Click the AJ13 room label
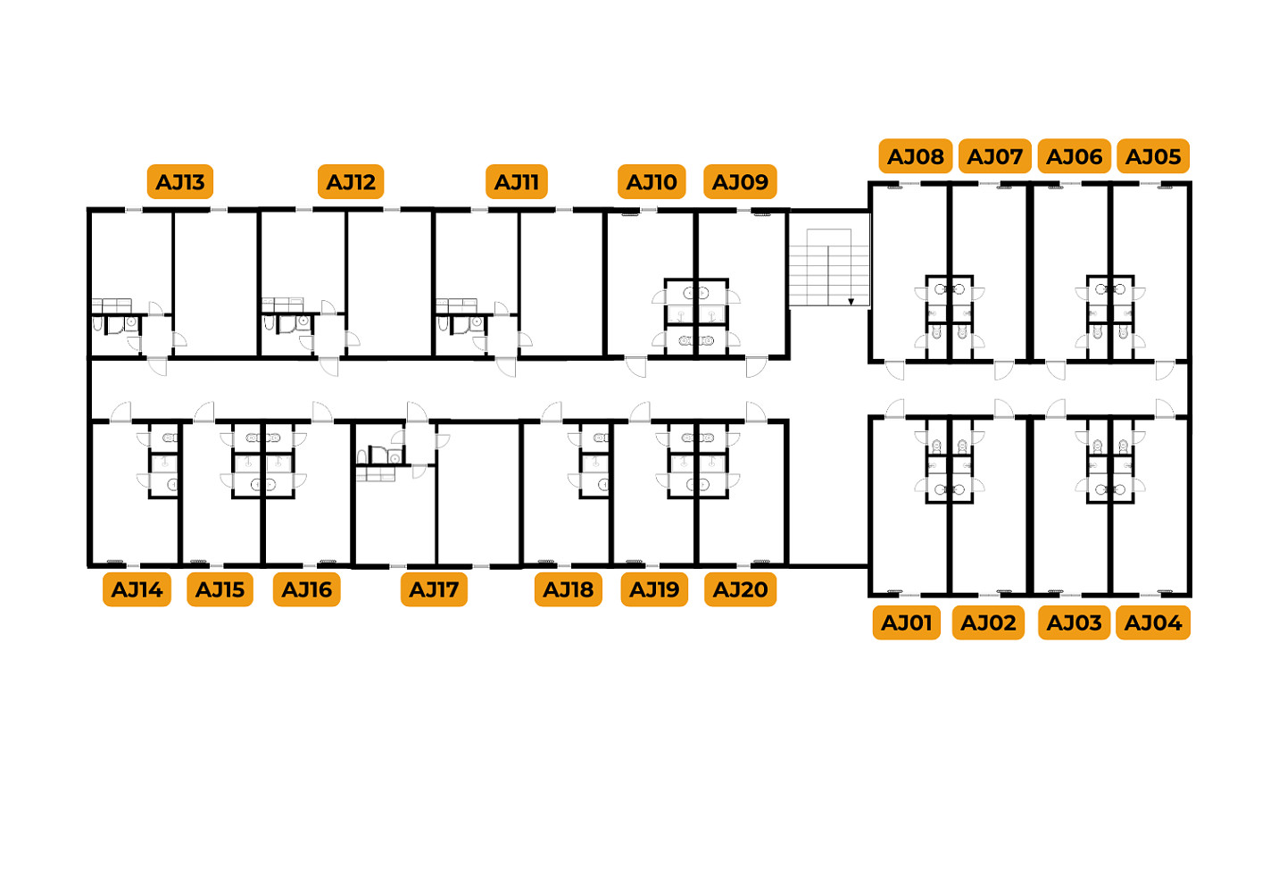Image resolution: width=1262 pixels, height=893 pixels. [x=180, y=182]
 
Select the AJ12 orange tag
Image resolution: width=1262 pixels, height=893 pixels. [x=351, y=182]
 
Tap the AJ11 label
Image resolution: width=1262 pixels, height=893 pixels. [x=517, y=182]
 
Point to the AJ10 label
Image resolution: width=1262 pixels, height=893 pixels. [x=652, y=182]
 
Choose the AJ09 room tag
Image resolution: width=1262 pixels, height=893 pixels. [x=740, y=182]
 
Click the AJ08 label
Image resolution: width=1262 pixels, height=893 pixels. [x=916, y=156]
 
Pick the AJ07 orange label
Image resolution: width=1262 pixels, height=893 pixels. [x=995, y=156]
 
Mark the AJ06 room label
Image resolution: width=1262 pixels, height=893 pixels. [x=1075, y=156]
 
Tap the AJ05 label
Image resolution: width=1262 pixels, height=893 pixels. [x=1153, y=156]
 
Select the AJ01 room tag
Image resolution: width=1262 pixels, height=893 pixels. [x=907, y=623]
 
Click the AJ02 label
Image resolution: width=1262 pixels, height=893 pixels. [x=988, y=623]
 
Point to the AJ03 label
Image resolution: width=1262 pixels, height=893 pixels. [x=1075, y=623]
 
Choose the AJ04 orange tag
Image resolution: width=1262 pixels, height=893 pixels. [x=1153, y=623]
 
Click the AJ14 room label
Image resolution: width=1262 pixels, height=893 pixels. [x=137, y=589]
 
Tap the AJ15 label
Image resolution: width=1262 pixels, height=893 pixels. [x=220, y=589]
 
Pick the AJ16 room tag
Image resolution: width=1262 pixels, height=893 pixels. [x=307, y=589]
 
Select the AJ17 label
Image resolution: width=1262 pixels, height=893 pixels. [x=435, y=589]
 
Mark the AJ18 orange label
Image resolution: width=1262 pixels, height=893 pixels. [x=569, y=589]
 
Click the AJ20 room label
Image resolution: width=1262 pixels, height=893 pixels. [x=740, y=589]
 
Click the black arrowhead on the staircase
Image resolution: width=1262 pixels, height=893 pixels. [x=851, y=302]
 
